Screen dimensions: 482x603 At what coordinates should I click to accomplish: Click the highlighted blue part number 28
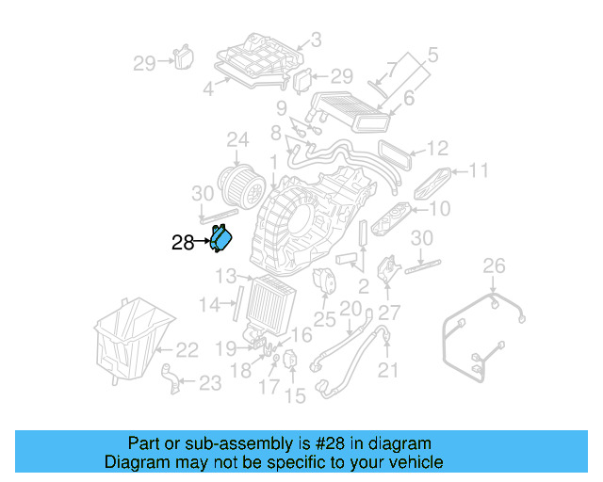coord(221,240)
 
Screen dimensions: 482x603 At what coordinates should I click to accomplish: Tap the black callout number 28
coord(183,243)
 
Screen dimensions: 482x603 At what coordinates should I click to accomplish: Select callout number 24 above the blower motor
coord(237,141)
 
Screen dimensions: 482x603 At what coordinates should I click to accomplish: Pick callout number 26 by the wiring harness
coord(495,267)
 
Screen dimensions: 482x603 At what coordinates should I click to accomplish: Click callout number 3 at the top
coord(316,40)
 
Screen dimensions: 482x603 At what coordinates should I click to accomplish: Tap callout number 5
coord(432,54)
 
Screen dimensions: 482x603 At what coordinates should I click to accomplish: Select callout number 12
coord(436,148)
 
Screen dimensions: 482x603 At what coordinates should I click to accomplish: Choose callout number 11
coord(480,171)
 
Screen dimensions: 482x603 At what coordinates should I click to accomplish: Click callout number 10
coord(440,208)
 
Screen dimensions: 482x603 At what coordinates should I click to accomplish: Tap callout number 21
coord(389,371)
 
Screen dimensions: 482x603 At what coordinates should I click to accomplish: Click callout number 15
coord(296,396)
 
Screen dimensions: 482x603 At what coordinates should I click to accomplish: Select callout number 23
coord(209,382)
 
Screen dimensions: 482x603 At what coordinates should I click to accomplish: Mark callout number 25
coord(324,319)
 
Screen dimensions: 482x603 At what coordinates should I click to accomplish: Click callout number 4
coord(208,90)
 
